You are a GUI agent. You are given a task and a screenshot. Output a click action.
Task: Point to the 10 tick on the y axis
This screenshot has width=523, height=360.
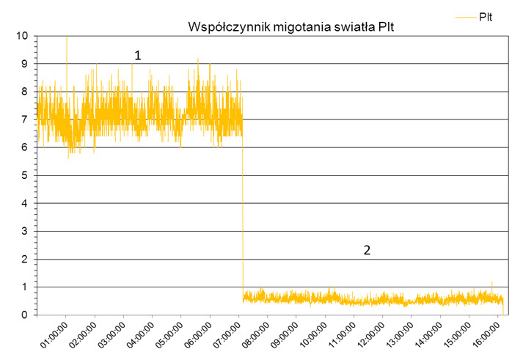[x=23, y=36]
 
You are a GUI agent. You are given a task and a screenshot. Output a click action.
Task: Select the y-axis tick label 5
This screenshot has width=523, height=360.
[x=25, y=175]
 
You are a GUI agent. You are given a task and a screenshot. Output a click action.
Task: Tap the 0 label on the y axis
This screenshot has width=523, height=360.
[x=25, y=315]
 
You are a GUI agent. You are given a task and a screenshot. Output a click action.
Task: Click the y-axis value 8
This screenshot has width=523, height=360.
[x=25, y=92]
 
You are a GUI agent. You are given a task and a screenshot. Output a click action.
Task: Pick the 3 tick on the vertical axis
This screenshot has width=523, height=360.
[x=25, y=232]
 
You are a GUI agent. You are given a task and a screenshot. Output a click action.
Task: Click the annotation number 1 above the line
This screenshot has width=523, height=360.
[x=137, y=55]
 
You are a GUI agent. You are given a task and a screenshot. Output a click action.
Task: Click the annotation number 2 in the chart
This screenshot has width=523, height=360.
[x=367, y=250]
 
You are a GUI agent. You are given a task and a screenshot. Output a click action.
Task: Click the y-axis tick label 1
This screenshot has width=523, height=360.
[x=25, y=287]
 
